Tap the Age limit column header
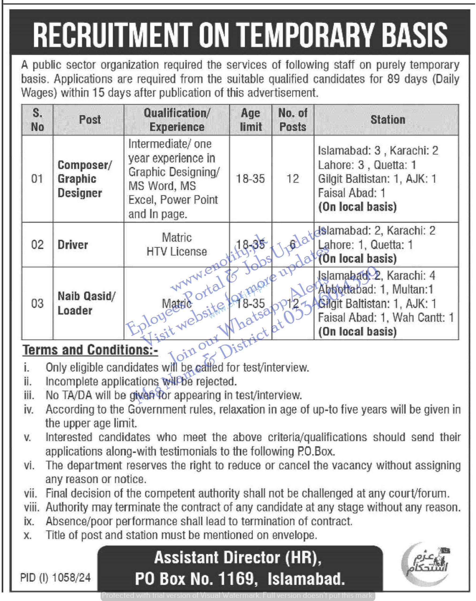click(250, 120)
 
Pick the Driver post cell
click(73, 245)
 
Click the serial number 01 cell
click(37, 179)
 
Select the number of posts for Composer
click(293, 179)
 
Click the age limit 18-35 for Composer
click(250, 179)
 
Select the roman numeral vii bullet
click(30, 494)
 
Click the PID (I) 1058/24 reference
click(56, 577)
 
